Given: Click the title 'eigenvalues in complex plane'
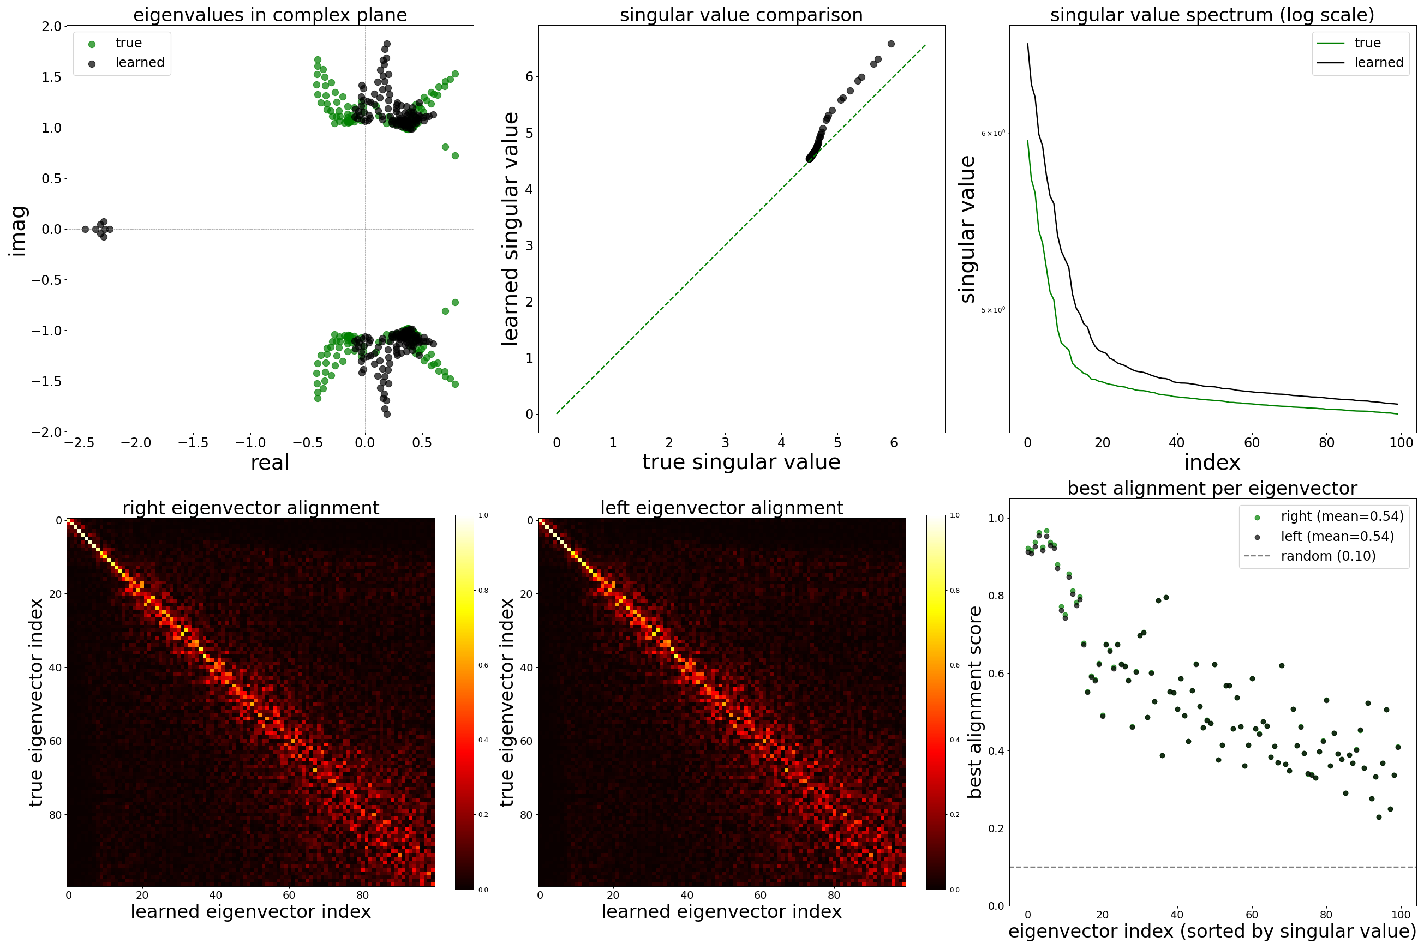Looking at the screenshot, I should pos(270,15).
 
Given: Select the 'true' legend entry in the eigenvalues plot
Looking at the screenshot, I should pos(128,43).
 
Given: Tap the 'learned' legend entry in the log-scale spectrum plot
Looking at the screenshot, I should pos(1378,62).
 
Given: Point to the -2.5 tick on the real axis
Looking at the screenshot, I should pos(79,442).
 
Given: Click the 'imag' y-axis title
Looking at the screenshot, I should pos(18,231).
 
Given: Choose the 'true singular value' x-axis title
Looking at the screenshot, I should pos(741,462).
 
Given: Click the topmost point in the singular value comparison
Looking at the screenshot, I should pos(890,44).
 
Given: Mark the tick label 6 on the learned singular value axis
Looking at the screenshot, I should pos(529,76).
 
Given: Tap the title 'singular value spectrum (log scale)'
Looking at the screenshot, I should pos(1212,15).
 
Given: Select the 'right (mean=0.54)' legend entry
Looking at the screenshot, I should pos(1342,516).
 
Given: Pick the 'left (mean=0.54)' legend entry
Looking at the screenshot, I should pos(1337,536).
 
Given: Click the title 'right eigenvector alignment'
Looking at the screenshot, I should pos(250,508).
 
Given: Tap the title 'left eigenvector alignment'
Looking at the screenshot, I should pos(722,508).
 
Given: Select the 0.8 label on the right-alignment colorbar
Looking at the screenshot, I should pos(483,590).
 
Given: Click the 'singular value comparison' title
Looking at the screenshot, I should pos(741,15).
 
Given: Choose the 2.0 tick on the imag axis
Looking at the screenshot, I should pos(52,26).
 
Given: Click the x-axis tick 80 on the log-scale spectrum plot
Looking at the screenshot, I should pos(1326,442).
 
